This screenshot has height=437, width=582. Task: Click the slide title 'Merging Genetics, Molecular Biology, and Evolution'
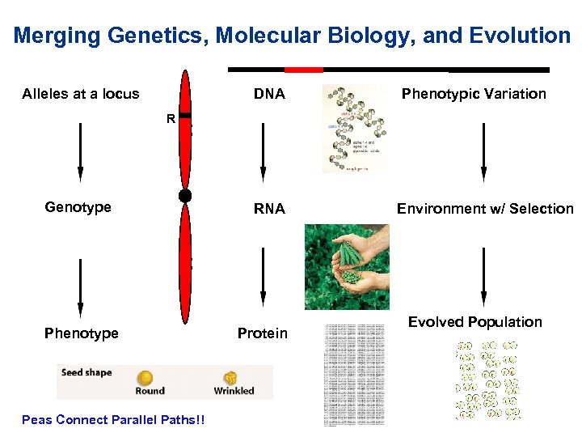(291, 36)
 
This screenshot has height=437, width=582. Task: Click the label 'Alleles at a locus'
(81, 94)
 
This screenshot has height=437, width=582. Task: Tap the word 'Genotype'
(78, 207)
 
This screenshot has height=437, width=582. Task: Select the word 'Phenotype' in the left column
(82, 333)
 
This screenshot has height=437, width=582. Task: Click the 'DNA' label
(269, 94)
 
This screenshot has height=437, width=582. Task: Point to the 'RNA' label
(269, 209)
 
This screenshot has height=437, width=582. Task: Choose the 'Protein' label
(263, 333)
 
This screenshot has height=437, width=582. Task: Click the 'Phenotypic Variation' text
(474, 94)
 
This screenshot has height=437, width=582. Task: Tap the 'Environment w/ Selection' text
(485, 209)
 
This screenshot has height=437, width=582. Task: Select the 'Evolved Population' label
(474, 322)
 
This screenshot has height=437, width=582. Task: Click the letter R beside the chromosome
(171, 119)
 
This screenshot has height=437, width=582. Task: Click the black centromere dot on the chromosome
(185, 196)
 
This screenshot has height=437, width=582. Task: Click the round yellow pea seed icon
(145, 378)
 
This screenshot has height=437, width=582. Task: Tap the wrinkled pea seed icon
(231, 378)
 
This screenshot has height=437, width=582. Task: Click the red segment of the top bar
(304, 70)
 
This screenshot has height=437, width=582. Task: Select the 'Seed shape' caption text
(86, 373)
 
